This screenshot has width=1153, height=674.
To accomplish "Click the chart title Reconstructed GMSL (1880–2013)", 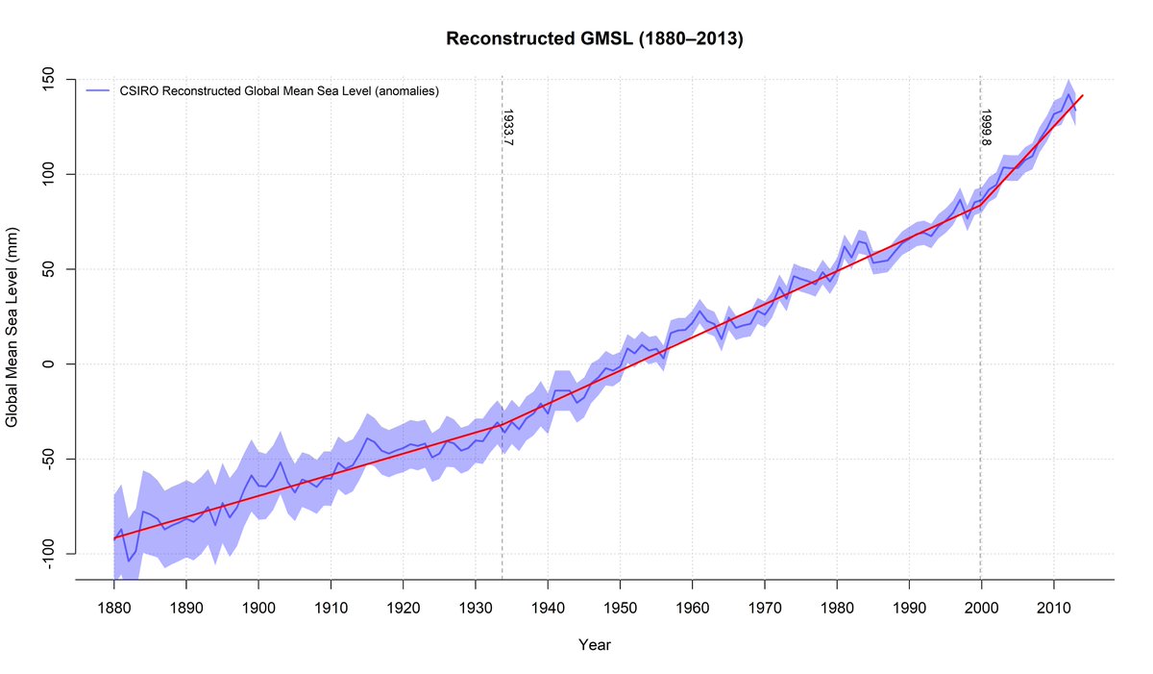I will tap(595, 39).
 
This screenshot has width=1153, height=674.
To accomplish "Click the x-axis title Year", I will tap(595, 645).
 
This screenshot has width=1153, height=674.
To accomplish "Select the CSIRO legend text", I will tap(280, 91).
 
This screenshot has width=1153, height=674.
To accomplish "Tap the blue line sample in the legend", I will tap(99, 91).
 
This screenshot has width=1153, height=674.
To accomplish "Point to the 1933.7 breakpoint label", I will tap(508, 127).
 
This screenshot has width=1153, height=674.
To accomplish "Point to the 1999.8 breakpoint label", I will tap(986, 127).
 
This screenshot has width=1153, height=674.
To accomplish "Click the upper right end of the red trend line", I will tap(1083, 95).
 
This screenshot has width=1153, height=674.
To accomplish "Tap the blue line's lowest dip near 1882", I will tap(128, 561).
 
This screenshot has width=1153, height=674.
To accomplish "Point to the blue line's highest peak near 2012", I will tap(1068, 93).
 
